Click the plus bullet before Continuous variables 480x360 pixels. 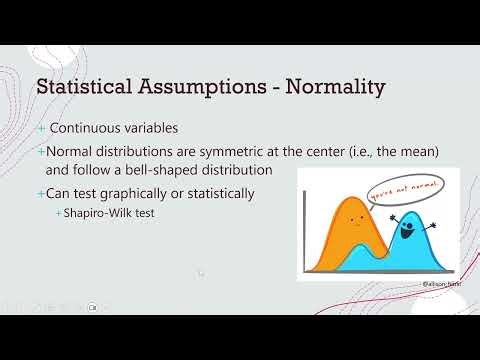tap(41, 129)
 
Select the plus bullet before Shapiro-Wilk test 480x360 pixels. tap(59, 212)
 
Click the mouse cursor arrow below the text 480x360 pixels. tap(200, 272)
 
